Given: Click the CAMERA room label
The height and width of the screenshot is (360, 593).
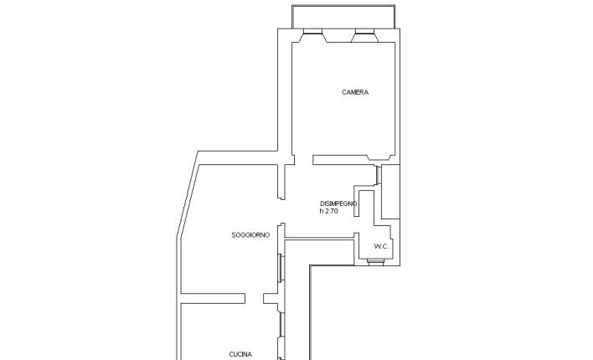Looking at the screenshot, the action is pos(355,92).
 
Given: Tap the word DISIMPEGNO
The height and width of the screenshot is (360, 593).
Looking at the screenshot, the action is pos(338,203).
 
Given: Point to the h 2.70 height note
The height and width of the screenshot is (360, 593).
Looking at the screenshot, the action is pos(328,211).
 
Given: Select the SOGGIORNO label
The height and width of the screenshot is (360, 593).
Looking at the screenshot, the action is pos(250,235).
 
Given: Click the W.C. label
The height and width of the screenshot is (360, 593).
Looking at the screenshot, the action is pos(381,246).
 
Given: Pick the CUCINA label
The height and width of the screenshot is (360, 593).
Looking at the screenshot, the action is pos(241,354).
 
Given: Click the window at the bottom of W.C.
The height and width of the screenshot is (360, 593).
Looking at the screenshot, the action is pos(375,262).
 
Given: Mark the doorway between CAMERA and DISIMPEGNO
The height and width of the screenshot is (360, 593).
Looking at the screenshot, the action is pos(304,160).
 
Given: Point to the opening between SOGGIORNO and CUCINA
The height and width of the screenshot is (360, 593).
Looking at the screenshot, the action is pos(254,299).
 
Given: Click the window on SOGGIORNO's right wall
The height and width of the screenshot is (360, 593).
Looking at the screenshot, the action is pos(281,268).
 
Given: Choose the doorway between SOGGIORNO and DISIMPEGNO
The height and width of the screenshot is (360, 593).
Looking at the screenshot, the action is pos(281,211).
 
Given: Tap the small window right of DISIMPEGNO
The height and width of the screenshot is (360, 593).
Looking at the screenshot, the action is pos(379,175).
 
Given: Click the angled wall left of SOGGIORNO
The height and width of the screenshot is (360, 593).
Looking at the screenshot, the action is pos(188,195).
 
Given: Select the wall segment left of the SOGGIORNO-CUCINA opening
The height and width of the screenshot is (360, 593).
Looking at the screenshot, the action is pos(213,299).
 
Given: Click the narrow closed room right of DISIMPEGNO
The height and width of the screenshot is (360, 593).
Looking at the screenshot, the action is pos(390,192).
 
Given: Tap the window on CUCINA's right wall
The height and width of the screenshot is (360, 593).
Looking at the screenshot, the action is pos(281,325).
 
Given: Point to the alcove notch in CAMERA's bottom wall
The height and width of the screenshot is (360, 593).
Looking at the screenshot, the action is pos(379,157).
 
